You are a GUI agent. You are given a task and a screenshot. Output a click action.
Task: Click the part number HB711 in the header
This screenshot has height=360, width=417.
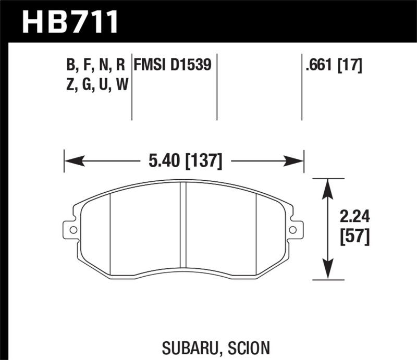coord(71,22)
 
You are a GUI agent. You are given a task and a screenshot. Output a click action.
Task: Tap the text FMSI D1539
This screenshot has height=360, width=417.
coord(172,65)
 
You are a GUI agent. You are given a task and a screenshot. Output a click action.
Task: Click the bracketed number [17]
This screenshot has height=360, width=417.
coord(349,65)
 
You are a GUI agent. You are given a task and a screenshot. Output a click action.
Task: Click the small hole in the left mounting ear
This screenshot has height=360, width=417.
coord(72,229)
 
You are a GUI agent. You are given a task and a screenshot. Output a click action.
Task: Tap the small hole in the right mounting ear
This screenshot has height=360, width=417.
coord(293,229)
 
